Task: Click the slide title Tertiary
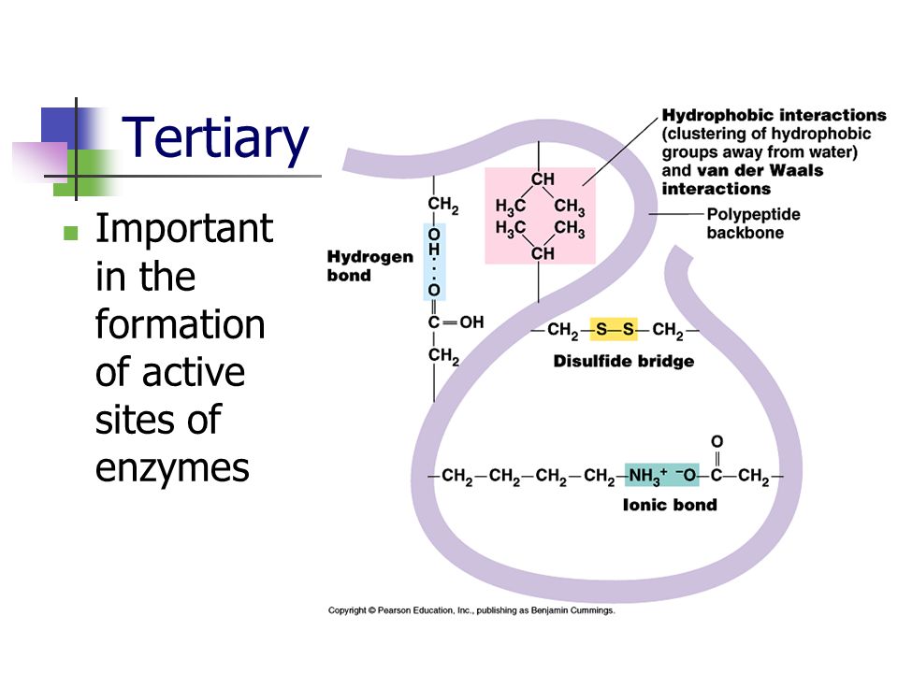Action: pos(215,138)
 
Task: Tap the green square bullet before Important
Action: pos(70,233)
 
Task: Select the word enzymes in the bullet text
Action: pos(172,468)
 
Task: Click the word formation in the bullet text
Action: pos(180,324)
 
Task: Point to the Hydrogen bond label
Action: pos(370,265)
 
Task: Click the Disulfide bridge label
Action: pos(624,361)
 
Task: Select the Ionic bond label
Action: pos(670,505)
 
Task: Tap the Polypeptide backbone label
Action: pos(753,223)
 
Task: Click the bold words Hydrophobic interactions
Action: pos(774,115)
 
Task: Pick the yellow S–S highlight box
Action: pos(614,329)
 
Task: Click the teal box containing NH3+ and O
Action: pos(662,475)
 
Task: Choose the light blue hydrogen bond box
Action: pos(434,262)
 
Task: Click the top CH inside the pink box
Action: pos(543,179)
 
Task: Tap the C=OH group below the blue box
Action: pos(456,322)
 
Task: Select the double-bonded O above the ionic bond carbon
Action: pos(717,441)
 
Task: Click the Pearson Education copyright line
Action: pos(471,610)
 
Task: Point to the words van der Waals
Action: pos(760,170)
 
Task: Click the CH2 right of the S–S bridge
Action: pos(668,330)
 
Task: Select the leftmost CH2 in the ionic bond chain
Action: pos(457,477)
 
